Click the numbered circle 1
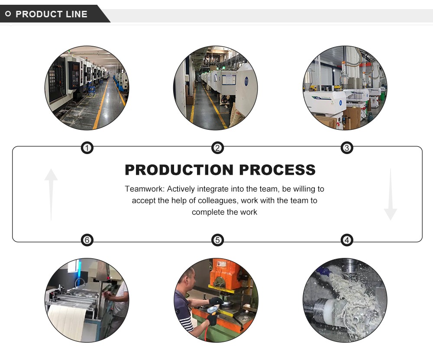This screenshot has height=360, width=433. click(87, 148)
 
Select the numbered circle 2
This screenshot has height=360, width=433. click(217, 148)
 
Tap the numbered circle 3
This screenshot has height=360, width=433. click(347, 148)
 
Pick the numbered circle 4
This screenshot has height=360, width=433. click(347, 240)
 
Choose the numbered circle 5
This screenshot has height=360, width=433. click(217, 240)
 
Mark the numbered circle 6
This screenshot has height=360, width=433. click(87, 240)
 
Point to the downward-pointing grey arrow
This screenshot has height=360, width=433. click(390, 195)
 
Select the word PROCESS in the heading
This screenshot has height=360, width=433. click(278, 170)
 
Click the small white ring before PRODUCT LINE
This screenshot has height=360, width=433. click(8, 14)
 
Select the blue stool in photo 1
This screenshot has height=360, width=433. click(91, 90)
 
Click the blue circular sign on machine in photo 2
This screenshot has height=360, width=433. click(246, 80)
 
